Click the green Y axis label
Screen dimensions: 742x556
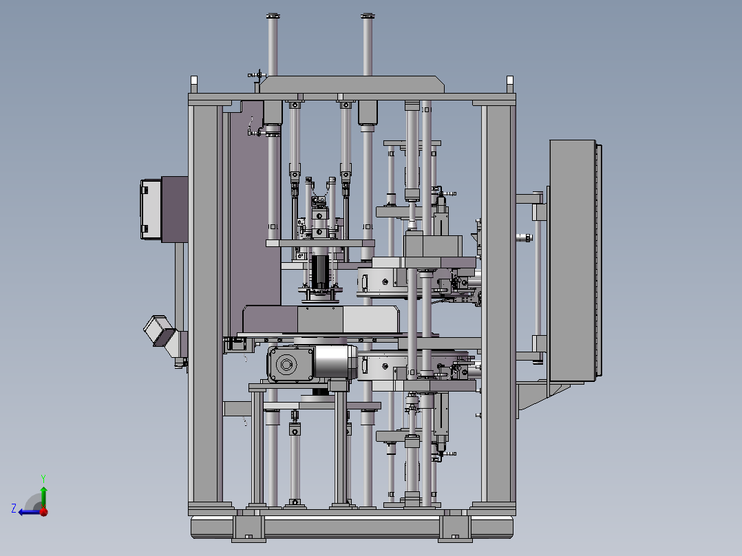tap(43, 478)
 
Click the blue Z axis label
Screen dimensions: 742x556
tap(14, 509)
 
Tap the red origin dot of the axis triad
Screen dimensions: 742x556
tap(43, 511)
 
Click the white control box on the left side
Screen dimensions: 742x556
tap(151, 209)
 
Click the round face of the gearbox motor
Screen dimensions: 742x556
tap(286, 364)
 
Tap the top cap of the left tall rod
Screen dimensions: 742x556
tap(273, 16)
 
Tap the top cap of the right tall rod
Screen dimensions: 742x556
tap(368, 16)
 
